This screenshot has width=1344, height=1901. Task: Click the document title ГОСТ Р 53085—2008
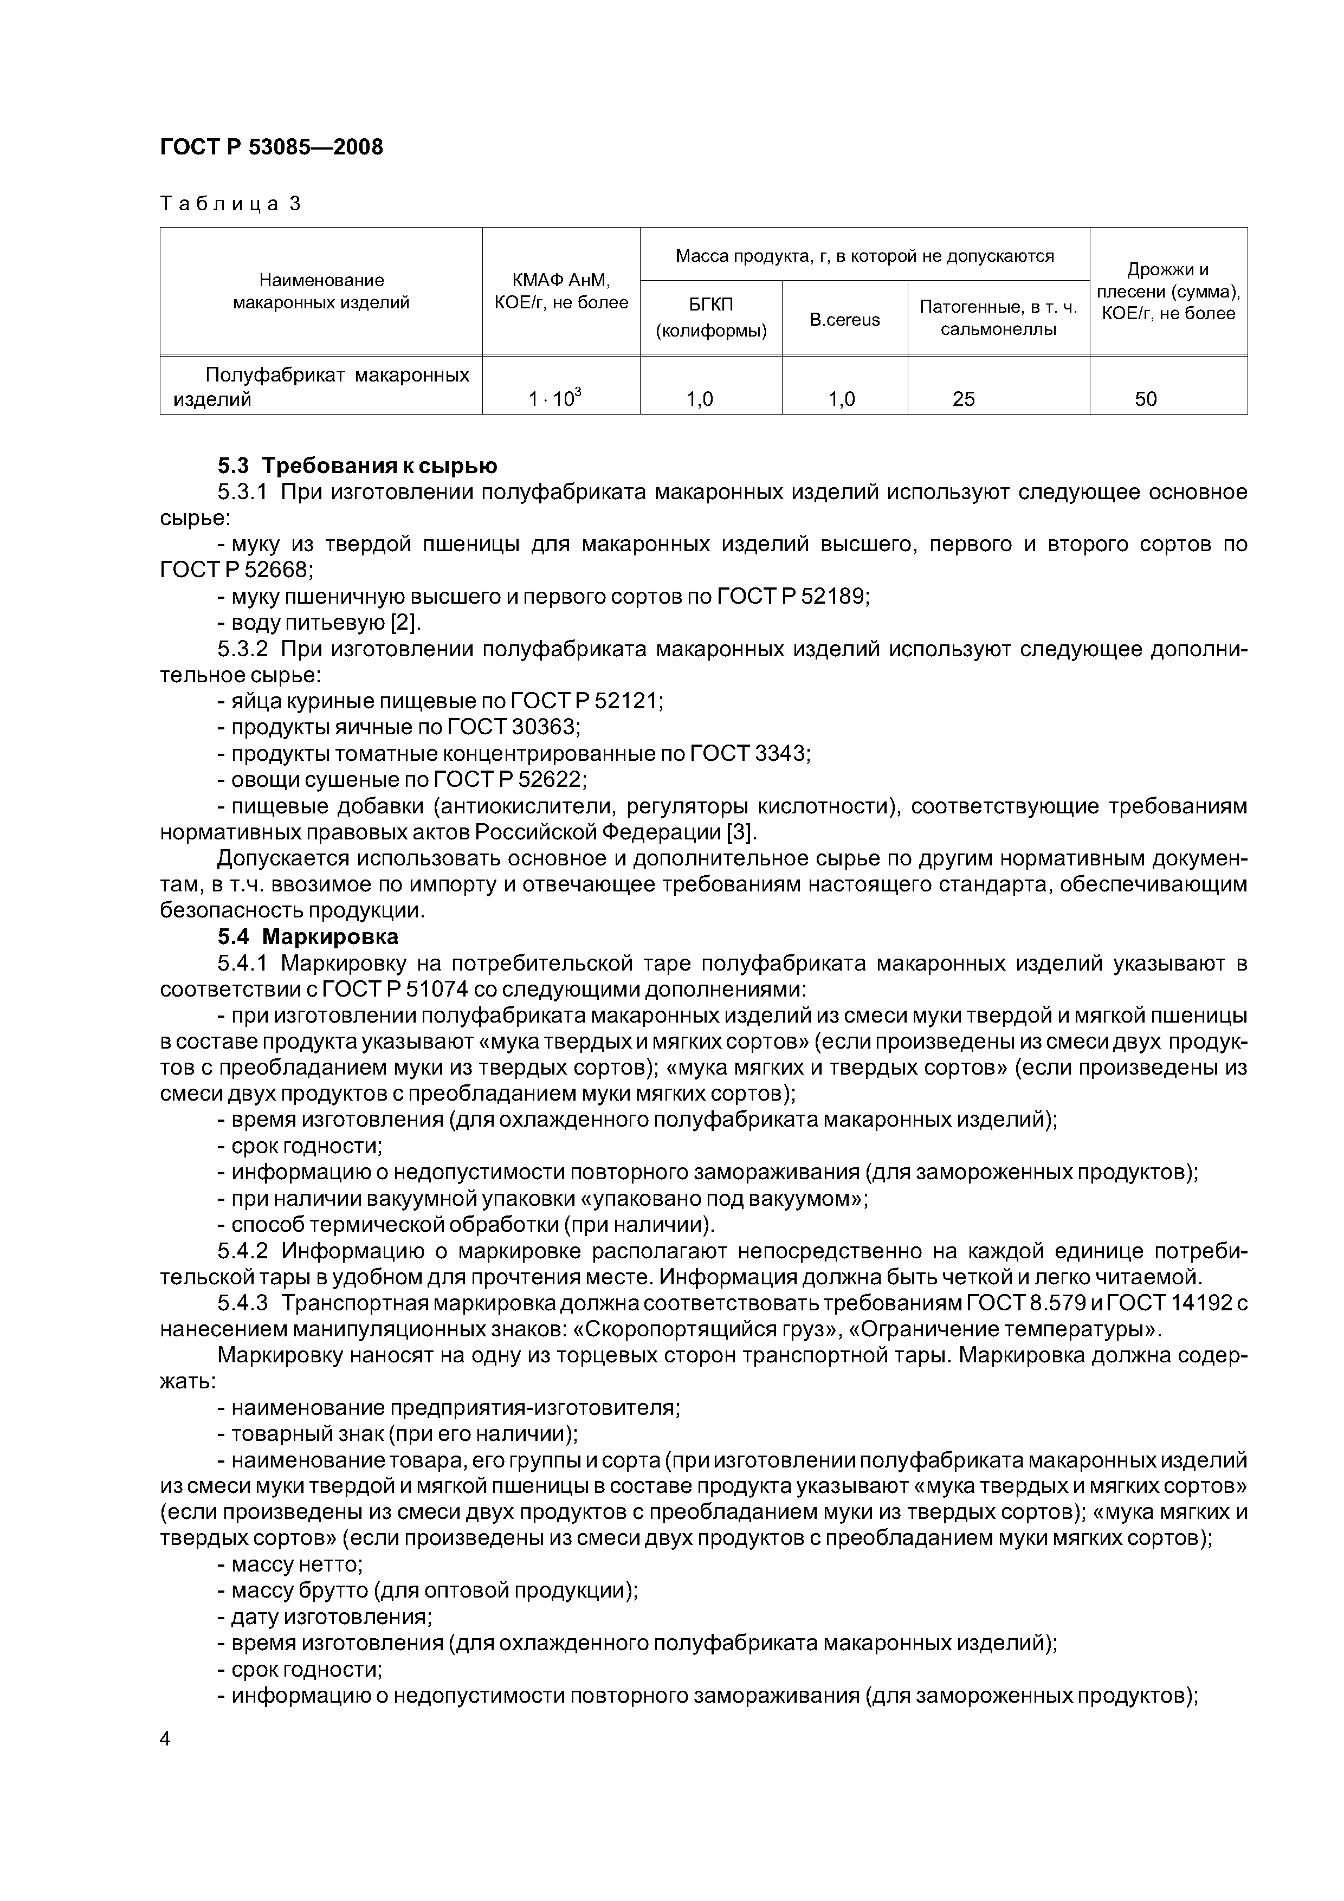[271, 147]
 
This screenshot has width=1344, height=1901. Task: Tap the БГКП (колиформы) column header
[710, 318]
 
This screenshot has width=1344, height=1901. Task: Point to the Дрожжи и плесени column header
[1168, 292]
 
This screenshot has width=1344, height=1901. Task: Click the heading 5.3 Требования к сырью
[357, 465]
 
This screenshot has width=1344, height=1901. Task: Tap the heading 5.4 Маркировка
[308, 936]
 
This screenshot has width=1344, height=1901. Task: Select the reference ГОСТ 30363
[513, 727]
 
